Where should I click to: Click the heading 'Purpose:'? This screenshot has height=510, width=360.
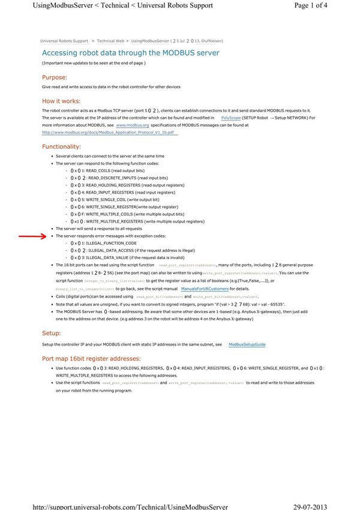click(x=54, y=77)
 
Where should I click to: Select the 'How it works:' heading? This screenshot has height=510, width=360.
click(x=61, y=101)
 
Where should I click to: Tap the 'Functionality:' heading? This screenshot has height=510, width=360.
click(x=61, y=146)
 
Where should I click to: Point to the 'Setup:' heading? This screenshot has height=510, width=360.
click(x=50, y=332)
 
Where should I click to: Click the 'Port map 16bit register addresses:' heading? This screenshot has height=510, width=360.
click(x=91, y=358)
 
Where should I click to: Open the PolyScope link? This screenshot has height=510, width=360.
click(x=231, y=118)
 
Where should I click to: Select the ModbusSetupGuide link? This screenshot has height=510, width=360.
click(x=247, y=344)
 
